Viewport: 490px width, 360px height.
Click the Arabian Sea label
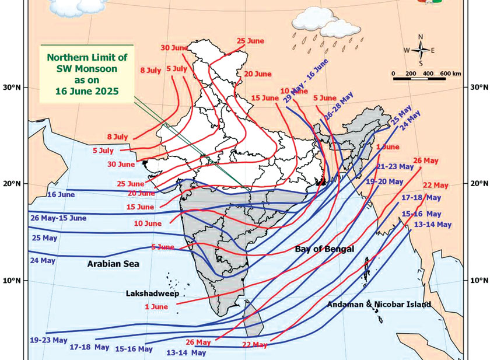[x=113, y=264]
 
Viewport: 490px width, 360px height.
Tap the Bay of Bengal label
[x=324, y=249]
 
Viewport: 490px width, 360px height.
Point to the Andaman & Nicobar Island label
[x=379, y=305]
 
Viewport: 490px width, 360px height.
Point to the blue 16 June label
[x=61, y=194]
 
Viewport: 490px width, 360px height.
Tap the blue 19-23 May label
[x=48, y=340]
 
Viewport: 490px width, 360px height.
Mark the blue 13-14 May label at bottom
[x=186, y=352]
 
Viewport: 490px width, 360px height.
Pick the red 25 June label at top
[x=251, y=41]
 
